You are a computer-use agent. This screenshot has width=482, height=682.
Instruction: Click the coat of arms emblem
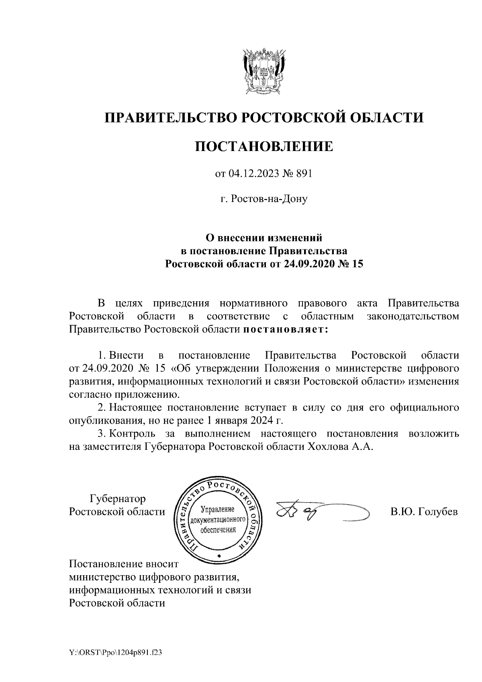263,70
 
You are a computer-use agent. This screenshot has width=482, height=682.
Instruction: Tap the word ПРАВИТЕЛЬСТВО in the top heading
172,118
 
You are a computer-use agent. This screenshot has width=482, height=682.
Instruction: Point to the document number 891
304,174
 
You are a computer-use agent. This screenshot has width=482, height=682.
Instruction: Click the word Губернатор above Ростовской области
117,499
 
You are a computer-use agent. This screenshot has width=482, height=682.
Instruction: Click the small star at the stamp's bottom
219,555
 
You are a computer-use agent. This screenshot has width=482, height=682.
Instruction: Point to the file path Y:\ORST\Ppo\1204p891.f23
115,653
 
